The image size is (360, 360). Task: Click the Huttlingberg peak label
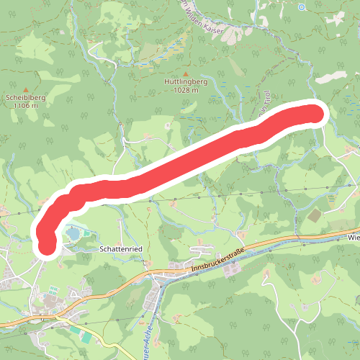[x=186, y=82]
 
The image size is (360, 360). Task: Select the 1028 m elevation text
[x=186, y=90]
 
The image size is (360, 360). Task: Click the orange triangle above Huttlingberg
[x=186, y=74]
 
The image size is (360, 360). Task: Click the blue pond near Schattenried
[x=74, y=233]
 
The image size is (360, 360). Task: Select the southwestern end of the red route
[x=47, y=245]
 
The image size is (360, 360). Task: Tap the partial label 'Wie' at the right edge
[x=353, y=236]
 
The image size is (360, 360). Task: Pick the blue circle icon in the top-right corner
[x=302, y=6]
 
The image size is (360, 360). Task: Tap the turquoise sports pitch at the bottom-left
[x=86, y=336]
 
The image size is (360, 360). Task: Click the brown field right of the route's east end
[x=314, y=215]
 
